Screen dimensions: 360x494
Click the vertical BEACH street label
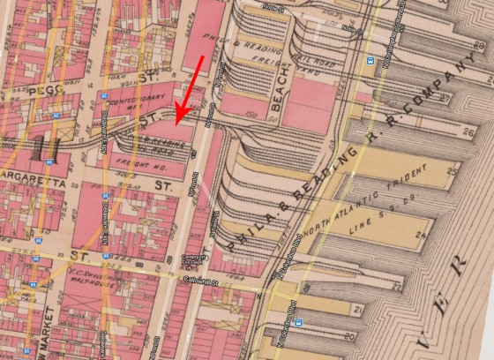pos(281,96)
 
